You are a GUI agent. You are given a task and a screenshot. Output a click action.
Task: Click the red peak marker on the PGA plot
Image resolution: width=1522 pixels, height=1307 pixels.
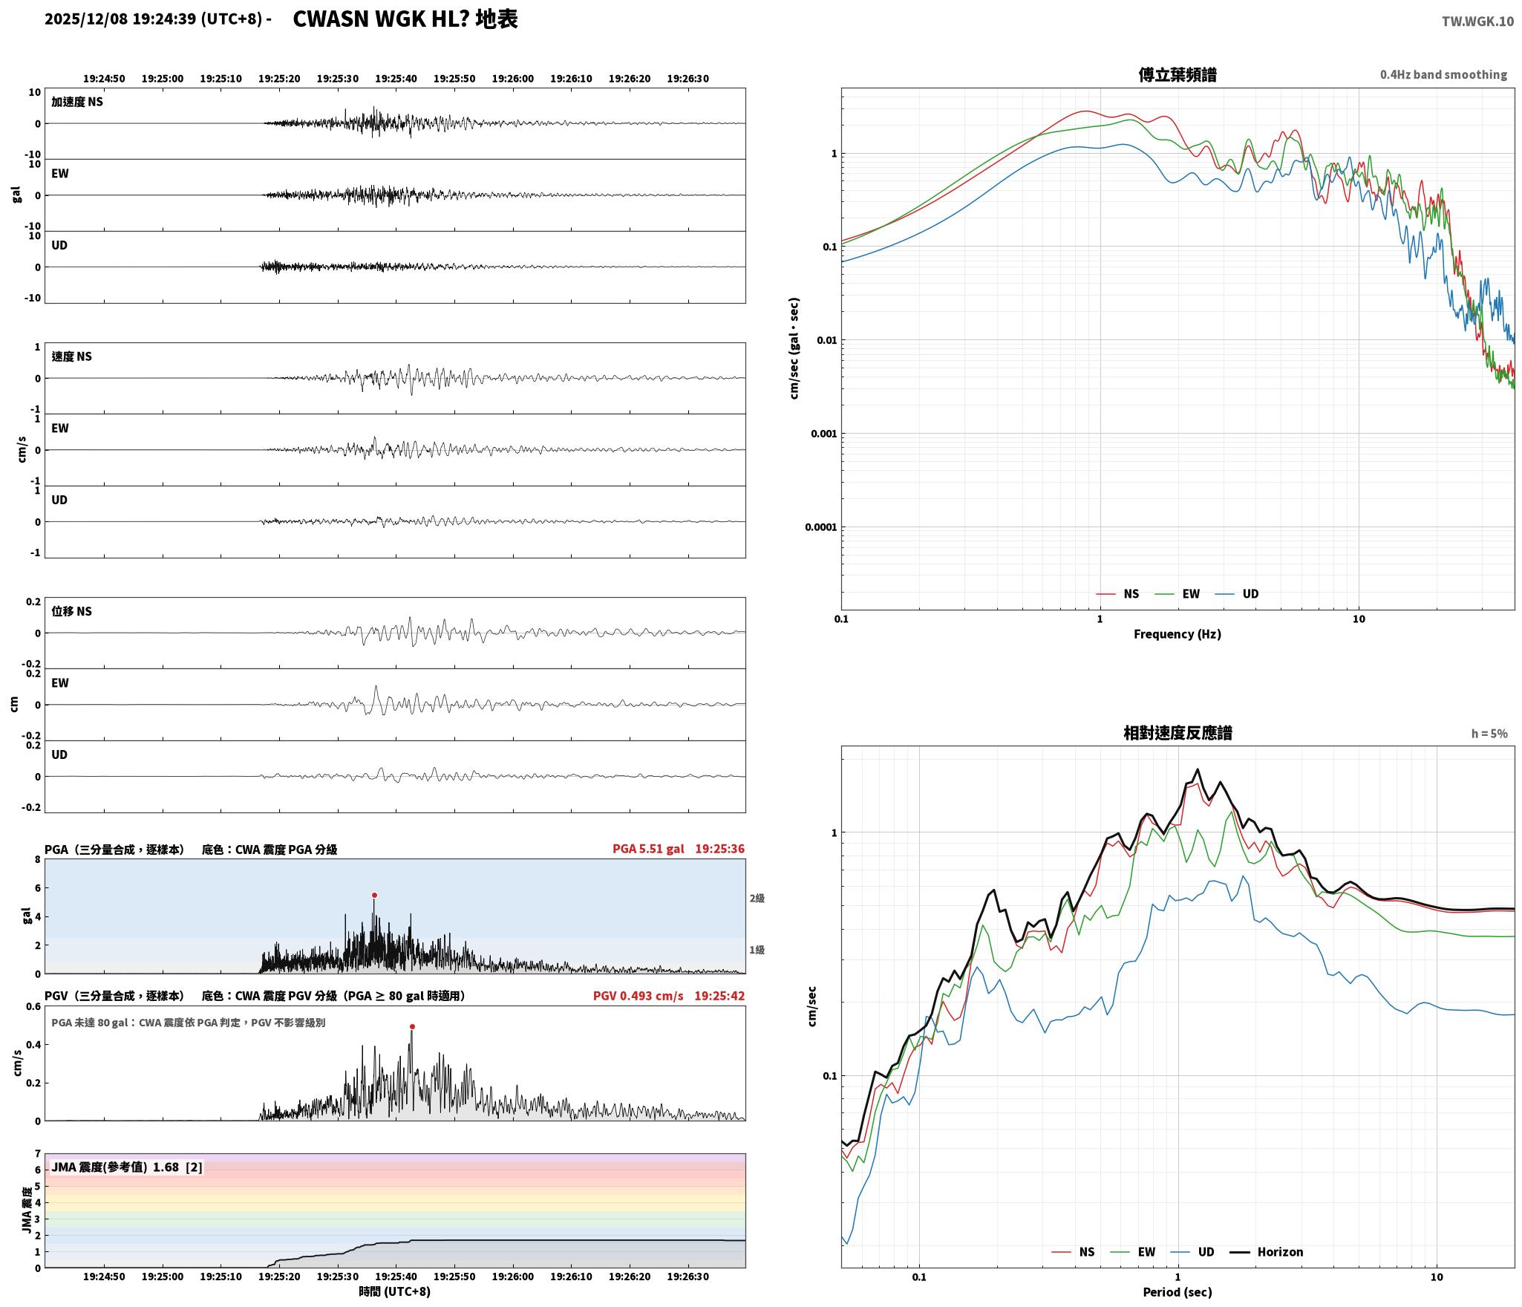tap(374, 895)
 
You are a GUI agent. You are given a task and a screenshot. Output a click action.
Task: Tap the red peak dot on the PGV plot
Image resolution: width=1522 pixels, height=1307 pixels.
tap(412, 1027)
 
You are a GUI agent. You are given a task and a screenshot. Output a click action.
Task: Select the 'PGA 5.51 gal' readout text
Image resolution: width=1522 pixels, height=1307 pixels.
tap(648, 849)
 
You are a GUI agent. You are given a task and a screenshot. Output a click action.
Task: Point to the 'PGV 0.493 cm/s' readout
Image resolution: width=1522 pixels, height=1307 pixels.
tap(638, 996)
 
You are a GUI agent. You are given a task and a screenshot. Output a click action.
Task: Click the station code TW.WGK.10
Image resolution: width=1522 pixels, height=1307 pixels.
tap(1477, 22)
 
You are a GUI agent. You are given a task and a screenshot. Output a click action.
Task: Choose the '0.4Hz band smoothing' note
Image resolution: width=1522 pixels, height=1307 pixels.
tap(1443, 75)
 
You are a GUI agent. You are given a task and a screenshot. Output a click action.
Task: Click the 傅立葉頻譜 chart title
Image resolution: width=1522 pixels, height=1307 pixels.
tap(1178, 75)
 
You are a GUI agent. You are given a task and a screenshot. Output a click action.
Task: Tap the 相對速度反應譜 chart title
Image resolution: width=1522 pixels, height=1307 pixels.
tap(1178, 733)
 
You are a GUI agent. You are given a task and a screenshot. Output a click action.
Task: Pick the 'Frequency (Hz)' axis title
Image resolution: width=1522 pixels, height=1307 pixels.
tap(1177, 634)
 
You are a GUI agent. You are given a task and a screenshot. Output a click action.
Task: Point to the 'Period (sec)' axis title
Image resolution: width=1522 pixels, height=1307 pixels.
tap(1177, 1292)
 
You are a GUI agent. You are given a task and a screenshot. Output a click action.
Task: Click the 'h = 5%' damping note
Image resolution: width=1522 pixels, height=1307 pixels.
tap(1489, 734)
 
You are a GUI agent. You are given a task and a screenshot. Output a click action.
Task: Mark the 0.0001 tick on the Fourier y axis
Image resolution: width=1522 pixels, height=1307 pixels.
tap(820, 528)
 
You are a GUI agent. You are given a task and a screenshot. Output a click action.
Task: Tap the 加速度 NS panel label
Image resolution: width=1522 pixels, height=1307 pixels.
tap(77, 102)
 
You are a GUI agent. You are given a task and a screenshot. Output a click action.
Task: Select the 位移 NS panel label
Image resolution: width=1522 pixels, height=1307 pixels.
tap(71, 611)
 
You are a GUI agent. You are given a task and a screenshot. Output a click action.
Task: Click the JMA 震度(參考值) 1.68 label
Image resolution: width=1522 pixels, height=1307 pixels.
tap(127, 1167)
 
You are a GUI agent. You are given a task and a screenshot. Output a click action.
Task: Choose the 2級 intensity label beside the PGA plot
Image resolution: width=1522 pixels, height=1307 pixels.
tap(757, 899)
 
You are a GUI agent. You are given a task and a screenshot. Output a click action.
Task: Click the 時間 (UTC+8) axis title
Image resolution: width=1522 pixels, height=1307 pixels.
tap(394, 1291)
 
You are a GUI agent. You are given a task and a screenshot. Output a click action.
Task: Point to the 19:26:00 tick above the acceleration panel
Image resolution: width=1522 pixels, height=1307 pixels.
tap(512, 79)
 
